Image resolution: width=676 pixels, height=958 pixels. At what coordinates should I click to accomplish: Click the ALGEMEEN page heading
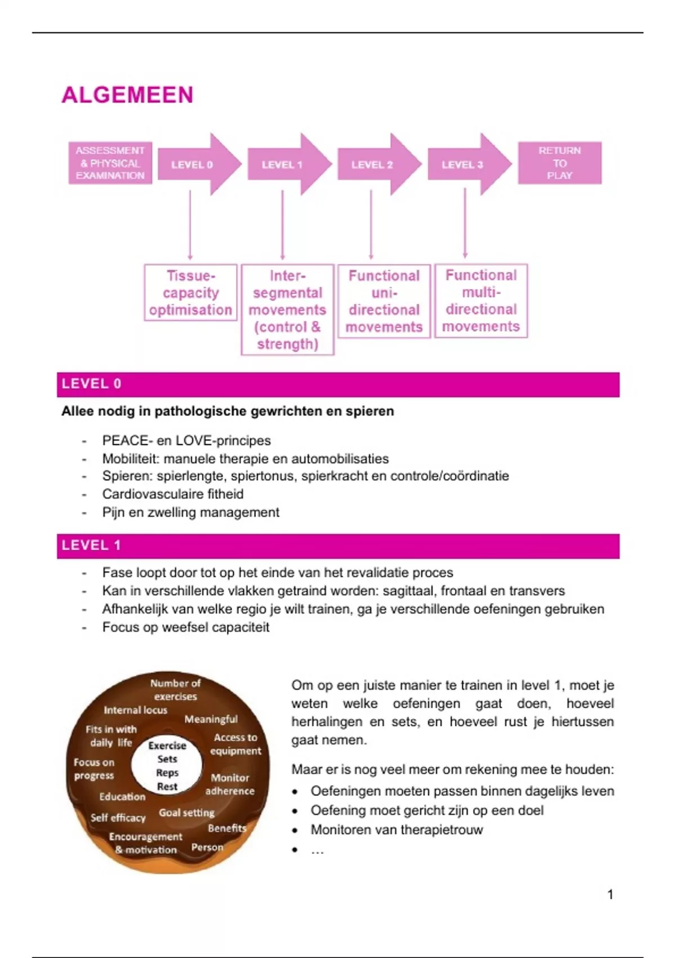point(127,95)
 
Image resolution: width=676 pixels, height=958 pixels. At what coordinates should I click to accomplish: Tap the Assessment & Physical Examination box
point(110,163)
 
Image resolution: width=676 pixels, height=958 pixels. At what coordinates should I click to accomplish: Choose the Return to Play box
point(559,163)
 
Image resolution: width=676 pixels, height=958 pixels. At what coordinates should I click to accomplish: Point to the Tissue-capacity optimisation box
point(190,292)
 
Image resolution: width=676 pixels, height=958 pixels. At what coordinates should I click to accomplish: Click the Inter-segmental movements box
point(287,309)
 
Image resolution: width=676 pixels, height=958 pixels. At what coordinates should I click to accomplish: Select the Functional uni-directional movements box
point(384,301)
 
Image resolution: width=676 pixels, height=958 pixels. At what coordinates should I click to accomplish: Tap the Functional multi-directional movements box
point(481,300)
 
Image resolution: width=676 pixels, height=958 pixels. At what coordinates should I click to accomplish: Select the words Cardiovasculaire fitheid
point(173,494)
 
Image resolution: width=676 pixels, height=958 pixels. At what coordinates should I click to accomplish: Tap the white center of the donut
point(167,765)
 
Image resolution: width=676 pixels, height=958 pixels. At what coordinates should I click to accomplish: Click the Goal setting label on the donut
point(186,813)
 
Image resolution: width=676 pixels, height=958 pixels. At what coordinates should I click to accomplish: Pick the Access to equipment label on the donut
point(235,744)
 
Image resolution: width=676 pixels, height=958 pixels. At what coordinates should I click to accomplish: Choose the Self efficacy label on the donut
point(118,818)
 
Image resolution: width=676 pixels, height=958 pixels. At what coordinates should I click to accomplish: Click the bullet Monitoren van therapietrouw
point(397,830)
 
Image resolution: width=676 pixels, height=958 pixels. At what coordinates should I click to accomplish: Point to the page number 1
point(610,894)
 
